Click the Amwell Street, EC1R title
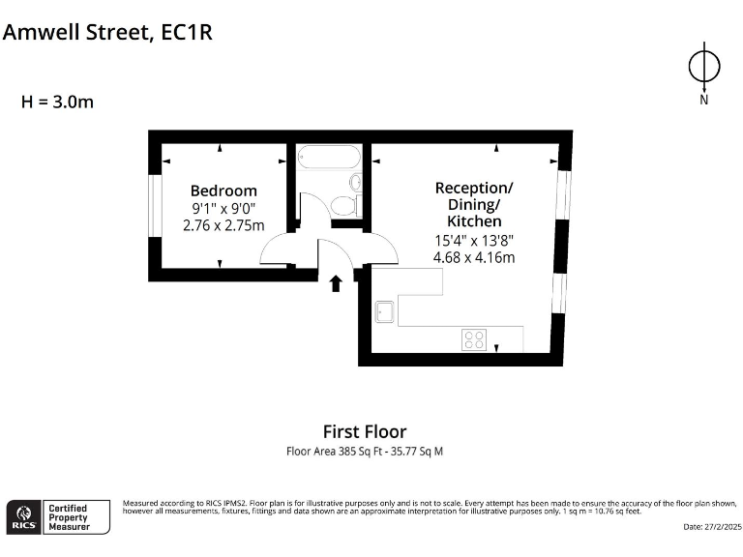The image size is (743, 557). pyautogui.click(x=107, y=32)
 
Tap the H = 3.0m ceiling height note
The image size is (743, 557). pyautogui.click(x=58, y=101)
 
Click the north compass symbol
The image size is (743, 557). pyautogui.click(x=703, y=68)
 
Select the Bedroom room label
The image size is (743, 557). pyautogui.click(x=223, y=191)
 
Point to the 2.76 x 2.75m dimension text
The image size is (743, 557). pyautogui.click(x=223, y=225)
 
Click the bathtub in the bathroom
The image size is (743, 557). pyautogui.click(x=328, y=157)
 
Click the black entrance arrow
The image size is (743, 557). pyautogui.click(x=336, y=282)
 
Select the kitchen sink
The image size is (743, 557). pyautogui.click(x=384, y=311)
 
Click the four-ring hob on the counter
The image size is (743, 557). pyautogui.click(x=474, y=339)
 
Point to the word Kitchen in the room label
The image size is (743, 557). pyautogui.click(x=474, y=222)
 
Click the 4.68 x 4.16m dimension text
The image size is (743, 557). pyautogui.click(x=474, y=257)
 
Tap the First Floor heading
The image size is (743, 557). pyautogui.click(x=365, y=431)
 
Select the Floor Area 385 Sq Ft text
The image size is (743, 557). pyautogui.click(x=365, y=451)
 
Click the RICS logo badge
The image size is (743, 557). pyautogui.click(x=24, y=517)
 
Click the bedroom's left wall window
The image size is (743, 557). pyautogui.click(x=155, y=206)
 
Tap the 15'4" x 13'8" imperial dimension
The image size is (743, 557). pyautogui.click(x=474, y=240)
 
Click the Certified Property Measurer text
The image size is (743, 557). pyautogui.click(x=70, y=517)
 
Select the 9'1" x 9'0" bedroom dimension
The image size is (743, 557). pyautogui.click(x=223, y=208)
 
